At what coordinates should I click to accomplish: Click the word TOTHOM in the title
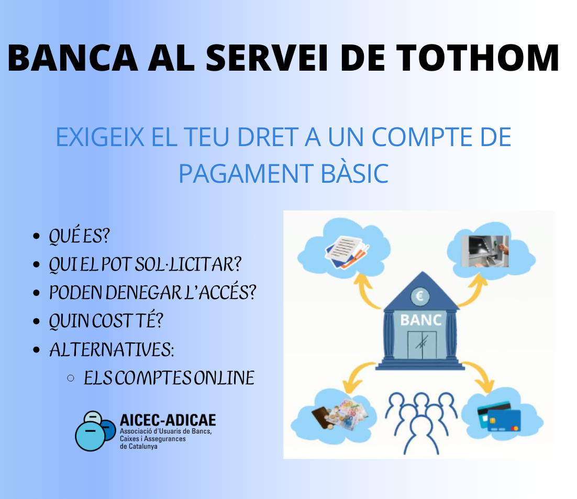tap(478, 58)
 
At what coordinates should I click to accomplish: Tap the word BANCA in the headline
tap(73, 58)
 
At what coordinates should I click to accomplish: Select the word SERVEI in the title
tap(267, 58)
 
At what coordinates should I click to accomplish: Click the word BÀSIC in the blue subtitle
tap(354, 173)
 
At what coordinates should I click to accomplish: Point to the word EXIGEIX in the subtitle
tap(99, 137)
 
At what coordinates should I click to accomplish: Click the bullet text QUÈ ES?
tap(80, 236)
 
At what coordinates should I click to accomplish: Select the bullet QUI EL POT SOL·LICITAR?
tap(145, 264)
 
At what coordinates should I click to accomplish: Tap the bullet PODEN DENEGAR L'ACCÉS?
tap(152, 292)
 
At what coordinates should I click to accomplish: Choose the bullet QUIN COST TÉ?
tap(106, 320)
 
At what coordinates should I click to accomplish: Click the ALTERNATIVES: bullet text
tap(112, 349)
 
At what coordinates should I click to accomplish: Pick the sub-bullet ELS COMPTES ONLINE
tap(169, 378)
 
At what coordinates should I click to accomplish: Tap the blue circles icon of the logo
tap(95, 431)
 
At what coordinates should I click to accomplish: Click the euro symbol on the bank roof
tap(419, 296)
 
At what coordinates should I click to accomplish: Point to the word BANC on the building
tap(421, 320)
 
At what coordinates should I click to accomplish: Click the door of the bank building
tap(422, 345)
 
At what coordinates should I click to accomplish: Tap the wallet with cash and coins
tap(339, 415)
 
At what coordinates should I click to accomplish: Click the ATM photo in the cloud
tap(485, 251)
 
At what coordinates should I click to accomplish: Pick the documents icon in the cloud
tap(347, 252)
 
